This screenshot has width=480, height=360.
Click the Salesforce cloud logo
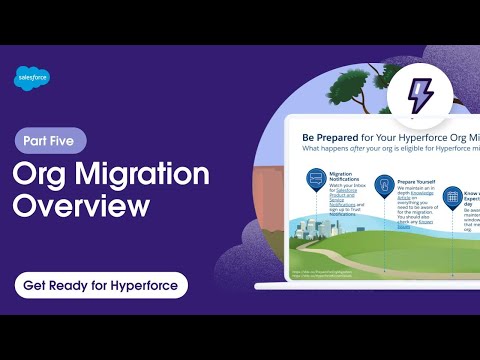tap(33, 77)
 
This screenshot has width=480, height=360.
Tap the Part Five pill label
tap(51, 141)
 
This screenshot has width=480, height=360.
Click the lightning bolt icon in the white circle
tap(419, 96)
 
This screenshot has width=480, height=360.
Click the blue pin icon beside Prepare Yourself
tap(382, 184)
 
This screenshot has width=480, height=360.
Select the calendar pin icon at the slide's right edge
tap(452, 194)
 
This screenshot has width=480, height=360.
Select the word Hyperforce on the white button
tap(140, 285)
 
